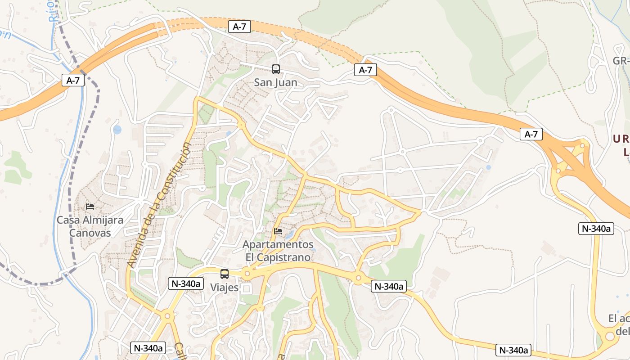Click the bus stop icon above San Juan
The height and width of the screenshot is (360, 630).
(x=276, y=69)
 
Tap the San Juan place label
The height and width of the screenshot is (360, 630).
(x=276, y=82)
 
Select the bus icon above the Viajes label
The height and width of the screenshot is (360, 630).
(x=224, y=274)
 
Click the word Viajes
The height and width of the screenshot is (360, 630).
(x=224, y=288)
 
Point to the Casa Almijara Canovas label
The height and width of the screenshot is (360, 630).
(x=90, y=226)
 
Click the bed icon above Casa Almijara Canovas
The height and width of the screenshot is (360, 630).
(x=90, y=207)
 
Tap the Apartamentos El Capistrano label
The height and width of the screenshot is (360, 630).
(x=278, y=251)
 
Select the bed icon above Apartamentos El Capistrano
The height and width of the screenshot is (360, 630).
(x=278, y=232)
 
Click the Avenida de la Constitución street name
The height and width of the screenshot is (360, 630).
(x=160, y=205)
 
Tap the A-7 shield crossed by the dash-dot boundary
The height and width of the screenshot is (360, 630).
(x=73, y=81)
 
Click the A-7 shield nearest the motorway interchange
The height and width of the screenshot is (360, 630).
(x=531, y=134)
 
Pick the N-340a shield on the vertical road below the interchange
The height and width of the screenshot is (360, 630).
(x=596, y=229)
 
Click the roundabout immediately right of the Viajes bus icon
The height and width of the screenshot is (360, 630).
(x=247, y=274)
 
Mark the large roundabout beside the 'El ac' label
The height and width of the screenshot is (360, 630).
(x=610, y=336)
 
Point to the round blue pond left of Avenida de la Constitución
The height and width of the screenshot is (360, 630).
(x=117, y=130)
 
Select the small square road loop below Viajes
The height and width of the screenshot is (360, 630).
(x=246, y=288)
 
